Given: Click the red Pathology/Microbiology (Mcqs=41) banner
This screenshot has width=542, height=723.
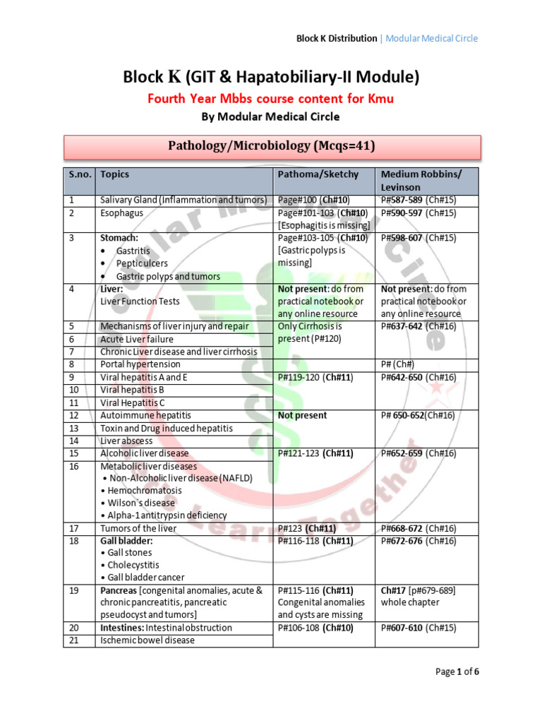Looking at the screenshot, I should pyautogui.click(x=272, y=147).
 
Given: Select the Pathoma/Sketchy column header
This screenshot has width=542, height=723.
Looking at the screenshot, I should pyautogui.click(x=318, y=174).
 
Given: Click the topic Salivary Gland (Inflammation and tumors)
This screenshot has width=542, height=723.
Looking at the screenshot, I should pyautogui.click(x=183, y=201).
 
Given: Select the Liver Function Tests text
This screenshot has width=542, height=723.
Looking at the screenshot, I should pyautogui.click(x=140, y=301).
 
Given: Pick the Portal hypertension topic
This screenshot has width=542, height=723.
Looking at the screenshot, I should pyautogui.click(x=140, y=364).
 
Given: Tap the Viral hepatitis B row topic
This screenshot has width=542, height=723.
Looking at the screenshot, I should pyautogui.click(x=132, y=390).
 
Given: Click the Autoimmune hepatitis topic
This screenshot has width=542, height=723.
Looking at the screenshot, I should pyautogui.click(x=145, y=415).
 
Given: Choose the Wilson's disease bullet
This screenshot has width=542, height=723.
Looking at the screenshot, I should pyautogui.click(x=141, y=503).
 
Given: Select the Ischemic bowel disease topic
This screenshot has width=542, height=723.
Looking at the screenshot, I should pyautogui.click(x=147, y=640).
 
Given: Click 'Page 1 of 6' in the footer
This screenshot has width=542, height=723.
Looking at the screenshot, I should pyautogui.click(x=457, y=671).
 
